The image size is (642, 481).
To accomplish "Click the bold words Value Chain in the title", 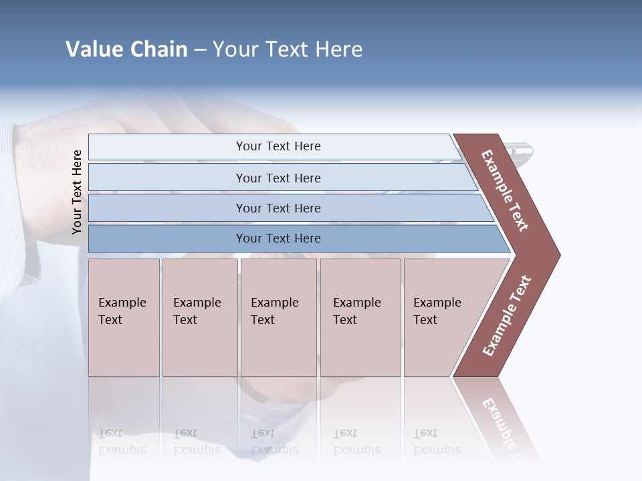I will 126,49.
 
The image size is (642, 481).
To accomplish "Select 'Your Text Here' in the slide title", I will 288,49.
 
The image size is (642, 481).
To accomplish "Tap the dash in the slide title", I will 200,50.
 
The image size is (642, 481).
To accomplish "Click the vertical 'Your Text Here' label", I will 77,192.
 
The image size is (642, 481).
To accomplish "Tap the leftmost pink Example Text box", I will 124,317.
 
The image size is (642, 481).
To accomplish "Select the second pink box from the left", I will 199,317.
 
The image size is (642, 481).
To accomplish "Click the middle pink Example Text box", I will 278,317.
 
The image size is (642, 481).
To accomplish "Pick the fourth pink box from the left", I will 360,317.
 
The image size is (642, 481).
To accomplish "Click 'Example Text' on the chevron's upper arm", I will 505,190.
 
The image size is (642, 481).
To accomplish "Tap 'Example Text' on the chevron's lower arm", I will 507,316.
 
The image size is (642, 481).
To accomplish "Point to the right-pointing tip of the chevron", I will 556,255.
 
